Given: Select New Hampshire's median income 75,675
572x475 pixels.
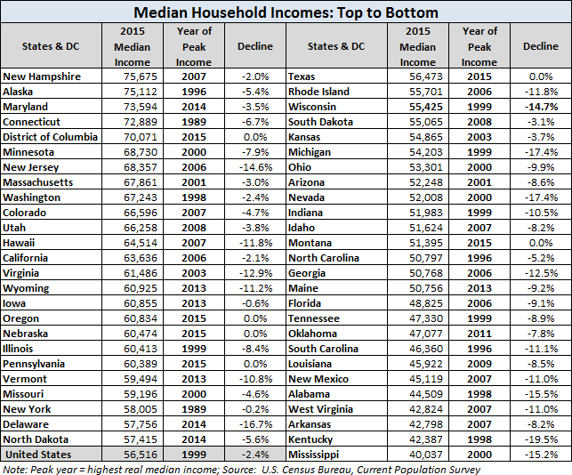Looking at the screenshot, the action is click(141, 76).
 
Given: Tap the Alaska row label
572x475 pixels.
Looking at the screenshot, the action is click(18, 92).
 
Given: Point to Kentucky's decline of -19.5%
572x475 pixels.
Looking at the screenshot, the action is click(541, 439).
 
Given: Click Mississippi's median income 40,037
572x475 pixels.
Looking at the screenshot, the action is click(426, 455).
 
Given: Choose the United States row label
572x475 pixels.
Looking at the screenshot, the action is click(38, 455).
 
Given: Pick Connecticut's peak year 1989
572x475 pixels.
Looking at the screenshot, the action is click(194, 122).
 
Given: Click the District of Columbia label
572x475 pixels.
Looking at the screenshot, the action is click(51, 137).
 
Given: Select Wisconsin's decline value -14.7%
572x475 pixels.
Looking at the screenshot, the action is click(541, 107).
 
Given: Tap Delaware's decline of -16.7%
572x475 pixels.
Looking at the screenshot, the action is click(255, 424).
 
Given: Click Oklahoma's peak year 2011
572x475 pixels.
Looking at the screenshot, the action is click(479, 334).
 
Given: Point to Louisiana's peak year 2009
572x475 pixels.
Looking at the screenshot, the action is click(479, 364).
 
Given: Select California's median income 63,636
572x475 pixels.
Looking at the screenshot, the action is click(141, 258).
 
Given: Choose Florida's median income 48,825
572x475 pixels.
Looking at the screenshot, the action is click(426, 303).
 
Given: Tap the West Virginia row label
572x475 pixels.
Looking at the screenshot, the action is click(320, 409).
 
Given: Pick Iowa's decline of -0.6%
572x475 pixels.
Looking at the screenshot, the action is click(255, 303).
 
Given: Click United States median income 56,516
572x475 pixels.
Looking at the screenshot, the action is click(141, 455).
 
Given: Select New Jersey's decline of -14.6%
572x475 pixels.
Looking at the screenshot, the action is click(255, 167).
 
